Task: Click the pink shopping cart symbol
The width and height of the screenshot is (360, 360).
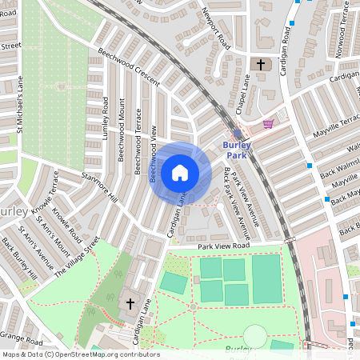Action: pyautogui.click(x=269, y=124)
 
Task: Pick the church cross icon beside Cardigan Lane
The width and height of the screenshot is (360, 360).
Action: pyautogui.click(x=130, y=304)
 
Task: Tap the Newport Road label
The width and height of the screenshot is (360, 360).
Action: pyautogui.click(x=216, y=30)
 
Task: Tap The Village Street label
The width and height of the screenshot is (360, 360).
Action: pyautogui.click(x=78, y=256)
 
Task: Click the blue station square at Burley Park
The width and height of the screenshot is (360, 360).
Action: pyautogui.click(x=238, y=134)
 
